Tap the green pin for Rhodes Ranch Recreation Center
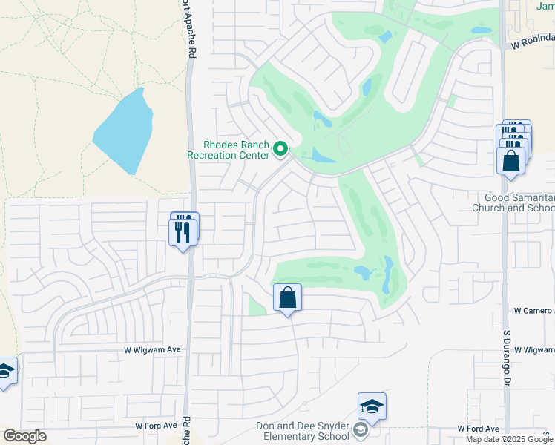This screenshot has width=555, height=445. coord(280,150)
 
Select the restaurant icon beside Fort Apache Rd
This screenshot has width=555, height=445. coord(183,232)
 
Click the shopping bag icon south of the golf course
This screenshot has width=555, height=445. coord(288,298)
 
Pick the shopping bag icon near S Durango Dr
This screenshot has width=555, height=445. coord(511,160)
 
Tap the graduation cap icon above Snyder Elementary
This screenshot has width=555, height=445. coord(372,406)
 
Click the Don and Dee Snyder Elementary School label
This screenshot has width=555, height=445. coord(303,431)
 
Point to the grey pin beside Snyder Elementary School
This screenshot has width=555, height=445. coord(361,431)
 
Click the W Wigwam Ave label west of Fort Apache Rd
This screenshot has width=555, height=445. coord(152,349)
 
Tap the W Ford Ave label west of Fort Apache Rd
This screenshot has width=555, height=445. coord(157,426)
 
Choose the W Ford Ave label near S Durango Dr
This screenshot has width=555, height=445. coord(479,429)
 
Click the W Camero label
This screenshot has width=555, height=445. coord(533,311)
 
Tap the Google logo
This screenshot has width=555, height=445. coord(25,436)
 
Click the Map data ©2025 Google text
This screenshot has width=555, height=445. coord(509,439)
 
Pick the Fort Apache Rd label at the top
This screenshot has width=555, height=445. coord(189,30)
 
